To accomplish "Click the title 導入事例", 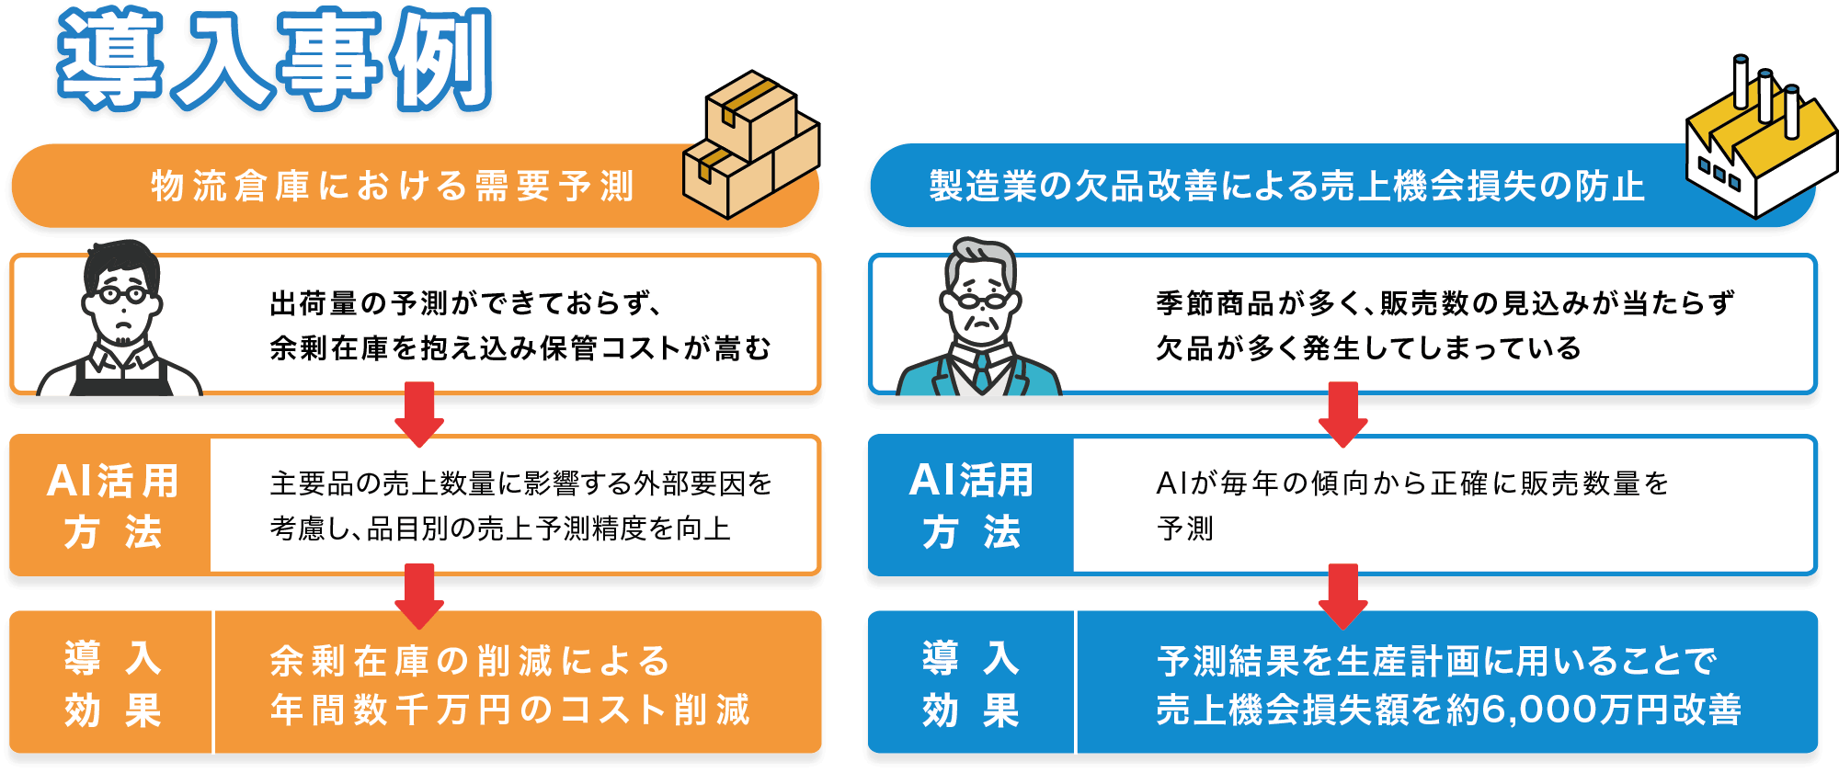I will click(x=274, y=60).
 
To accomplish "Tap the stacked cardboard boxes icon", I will click(x=749, y=147).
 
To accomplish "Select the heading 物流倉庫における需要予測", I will click(x=393, y=187).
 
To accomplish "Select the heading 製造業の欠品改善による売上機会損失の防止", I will click(x=1286, y=187).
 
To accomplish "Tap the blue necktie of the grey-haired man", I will click(x=982, y=371).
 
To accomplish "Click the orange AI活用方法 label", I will click(x=112, y=506).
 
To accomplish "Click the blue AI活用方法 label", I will click(x=971, y=506).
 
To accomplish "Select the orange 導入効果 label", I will click(x=112, y=684).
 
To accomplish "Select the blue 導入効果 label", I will click(x=971, y=684).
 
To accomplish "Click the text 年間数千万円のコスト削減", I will click(x=510, y=710).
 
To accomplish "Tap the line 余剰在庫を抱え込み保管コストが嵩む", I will click(x=520, y=348).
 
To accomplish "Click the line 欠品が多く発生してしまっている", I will click(x=1368, y=348).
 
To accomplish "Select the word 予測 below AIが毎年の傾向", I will click(x=1185, y=529).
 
